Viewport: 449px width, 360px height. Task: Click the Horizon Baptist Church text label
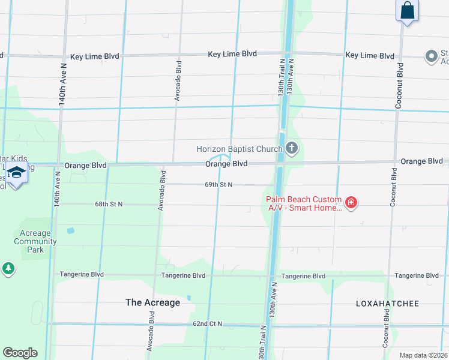point(238,149)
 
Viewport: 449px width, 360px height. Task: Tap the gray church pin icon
point(292,148)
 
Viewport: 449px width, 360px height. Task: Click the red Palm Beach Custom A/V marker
point(352,204)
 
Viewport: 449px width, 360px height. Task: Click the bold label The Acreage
point(152,302)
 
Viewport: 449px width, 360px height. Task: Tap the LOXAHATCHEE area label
point(387,304)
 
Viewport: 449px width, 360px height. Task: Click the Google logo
point(20,353)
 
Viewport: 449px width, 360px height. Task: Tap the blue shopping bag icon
point(408,11)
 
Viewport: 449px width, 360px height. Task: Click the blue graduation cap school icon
point(16,173)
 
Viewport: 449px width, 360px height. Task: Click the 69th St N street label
point(218,185)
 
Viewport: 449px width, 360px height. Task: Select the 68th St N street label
point(109,204)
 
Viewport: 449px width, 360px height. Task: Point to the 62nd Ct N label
point(207,324)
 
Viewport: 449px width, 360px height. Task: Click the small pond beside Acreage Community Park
point(71,230)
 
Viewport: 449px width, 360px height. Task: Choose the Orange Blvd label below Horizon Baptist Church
point(226,164)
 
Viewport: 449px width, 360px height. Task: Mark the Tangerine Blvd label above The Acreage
point(183,275)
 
